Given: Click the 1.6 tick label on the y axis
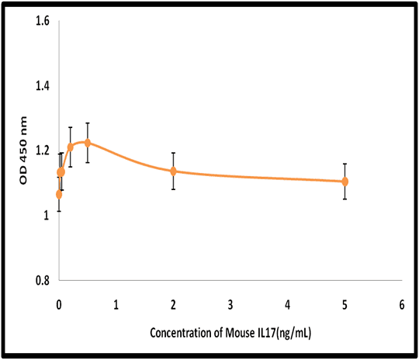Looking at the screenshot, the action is tap(43, 21).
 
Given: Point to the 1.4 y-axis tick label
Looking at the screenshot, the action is tap(43, 86).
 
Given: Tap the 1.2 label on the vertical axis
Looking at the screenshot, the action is tap(43, 151).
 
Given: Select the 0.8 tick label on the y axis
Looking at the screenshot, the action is tap(43, 281).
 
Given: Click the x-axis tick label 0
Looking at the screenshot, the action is tap(59, 305).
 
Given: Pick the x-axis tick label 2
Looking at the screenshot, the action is tap(173, 305).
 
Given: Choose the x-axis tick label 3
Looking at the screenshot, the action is tap(230, 305).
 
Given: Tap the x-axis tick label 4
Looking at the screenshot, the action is tap(288, 305).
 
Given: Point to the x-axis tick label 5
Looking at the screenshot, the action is tap(345, 305).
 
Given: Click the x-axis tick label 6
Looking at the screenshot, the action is tap(402, 305).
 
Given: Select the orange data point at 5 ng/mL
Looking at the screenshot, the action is tap(345, 182).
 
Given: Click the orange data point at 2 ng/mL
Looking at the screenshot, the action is tap(174, 171).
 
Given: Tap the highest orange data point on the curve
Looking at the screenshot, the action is tap(88, 143).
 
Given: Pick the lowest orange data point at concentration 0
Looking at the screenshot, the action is tap(59, 195).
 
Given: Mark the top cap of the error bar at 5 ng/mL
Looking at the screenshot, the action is tap(345, 164).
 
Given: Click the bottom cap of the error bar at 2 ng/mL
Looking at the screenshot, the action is tap(174, 189).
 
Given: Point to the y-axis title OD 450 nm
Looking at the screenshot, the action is tap(23, 151).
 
